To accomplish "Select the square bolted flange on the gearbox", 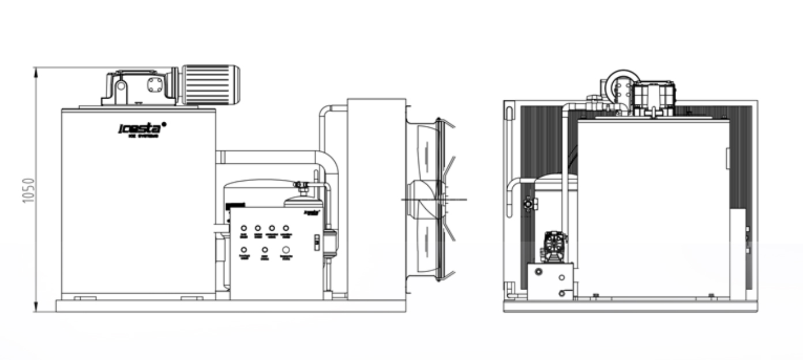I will pyautogui.click(x=155, y=85).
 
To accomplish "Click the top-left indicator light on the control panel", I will pyautogui.click(x=243, y=228).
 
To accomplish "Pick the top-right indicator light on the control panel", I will pyautogui.click(x=286, y=228).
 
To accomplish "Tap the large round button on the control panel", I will pyautogui.click(x=286, y=250).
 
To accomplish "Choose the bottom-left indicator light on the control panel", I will pyautogui.click(x=243, y=250).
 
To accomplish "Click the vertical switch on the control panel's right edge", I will pyautogui.click(x=316, y=243).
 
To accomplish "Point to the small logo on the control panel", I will pyautogui.click(x=312, y=212).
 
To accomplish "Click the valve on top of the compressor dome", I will pyautogui.click(x=300, y=186).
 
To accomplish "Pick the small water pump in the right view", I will pyautogui.click(x=554, y=247).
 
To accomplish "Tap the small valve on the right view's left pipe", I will pyautogui.click(x=528, y=204).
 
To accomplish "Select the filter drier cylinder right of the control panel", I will pyautogui.click(x=330, y=242).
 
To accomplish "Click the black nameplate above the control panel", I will pyautogui.click(x=237, y=205).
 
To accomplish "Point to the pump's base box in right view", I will pyautogui.click(x=550, y=281).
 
